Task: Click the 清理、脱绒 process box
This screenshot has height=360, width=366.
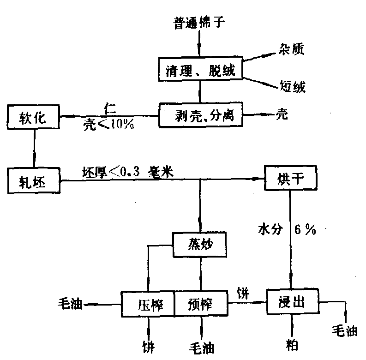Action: pyautogui.click(x=200, y=71)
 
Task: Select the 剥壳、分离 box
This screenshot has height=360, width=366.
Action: pyautogui.click(x=200, y=115)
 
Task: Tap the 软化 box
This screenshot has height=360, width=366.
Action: pyautogui.click(x=33, y=118)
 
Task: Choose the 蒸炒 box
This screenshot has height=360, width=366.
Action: pyautogui.click(x=200, y=245)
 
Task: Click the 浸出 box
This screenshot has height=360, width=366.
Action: pyautogui.click(x=292, y=302)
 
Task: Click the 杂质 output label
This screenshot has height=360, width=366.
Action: pyautogui.click(x=292, y=48)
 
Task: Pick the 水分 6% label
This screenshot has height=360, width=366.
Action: pyautogui.click(x=287, y=228)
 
